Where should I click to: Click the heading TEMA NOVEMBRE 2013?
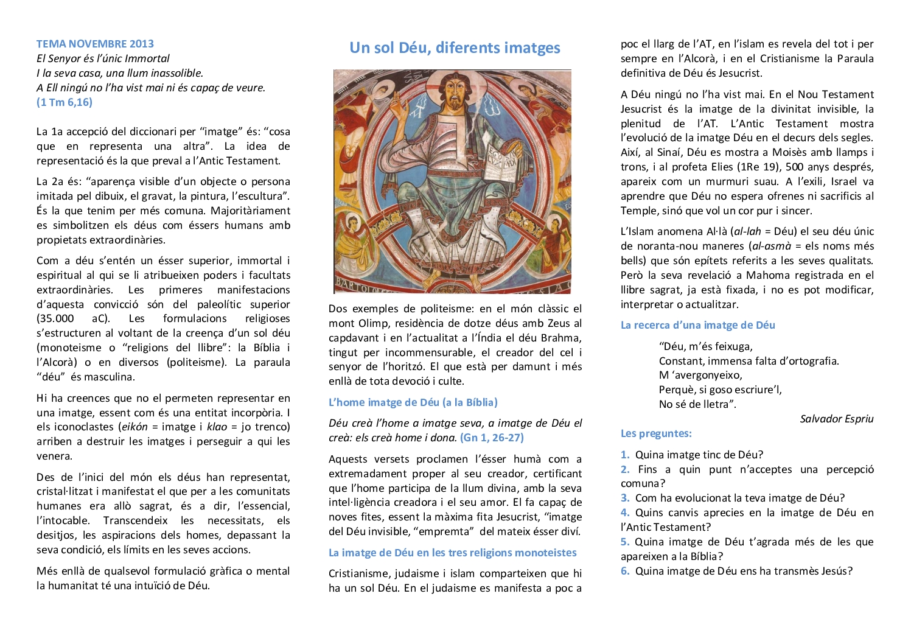tap(95, 44)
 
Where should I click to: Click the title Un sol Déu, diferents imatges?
tap(455, 48)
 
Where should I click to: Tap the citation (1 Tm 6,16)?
tap(65, 102)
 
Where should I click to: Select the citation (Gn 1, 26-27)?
tap(492, 438)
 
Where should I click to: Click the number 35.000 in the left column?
tap(55, 318)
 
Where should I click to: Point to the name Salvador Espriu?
tap(836, 419)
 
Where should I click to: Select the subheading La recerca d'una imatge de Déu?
tap(697, 325)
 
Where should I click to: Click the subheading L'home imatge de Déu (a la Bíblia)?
tap(413, 402)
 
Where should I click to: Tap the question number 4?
tap(624, 513)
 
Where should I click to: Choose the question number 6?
tap(624, 571)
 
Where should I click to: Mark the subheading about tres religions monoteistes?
tap(452, 553)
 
